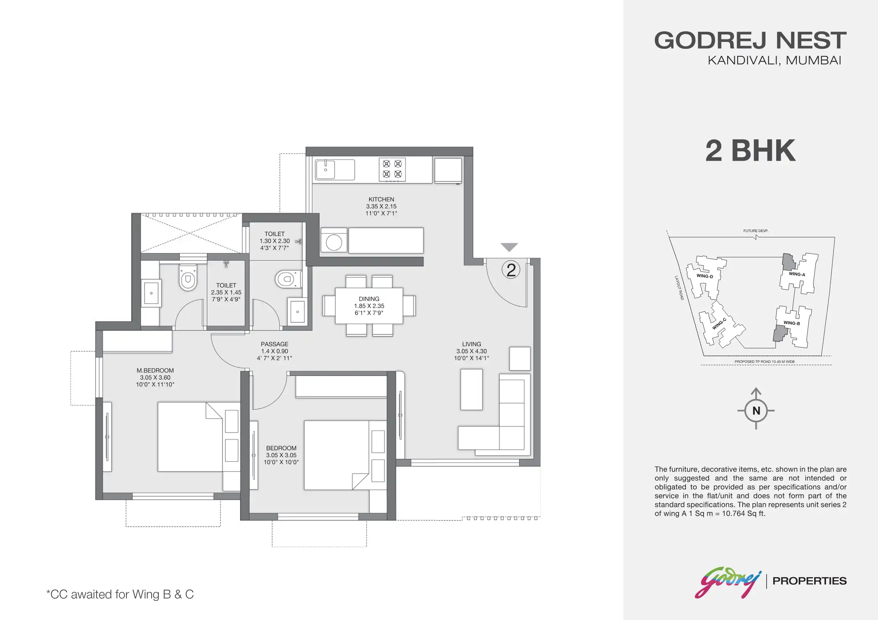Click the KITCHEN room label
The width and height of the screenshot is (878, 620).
click(381, 199)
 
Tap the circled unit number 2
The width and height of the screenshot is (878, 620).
click(511, 270)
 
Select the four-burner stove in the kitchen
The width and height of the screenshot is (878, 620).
click(392, 169)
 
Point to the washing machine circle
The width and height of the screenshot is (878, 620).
click(334, 242)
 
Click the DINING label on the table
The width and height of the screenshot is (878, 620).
click(369, 299)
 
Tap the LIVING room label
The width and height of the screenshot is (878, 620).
click(471, 344)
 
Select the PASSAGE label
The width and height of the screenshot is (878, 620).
click(275, 344)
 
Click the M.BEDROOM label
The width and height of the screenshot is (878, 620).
click(155, 371)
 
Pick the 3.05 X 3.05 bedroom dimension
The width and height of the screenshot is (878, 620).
click(281, 455)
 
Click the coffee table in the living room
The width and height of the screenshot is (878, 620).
click(471, 389)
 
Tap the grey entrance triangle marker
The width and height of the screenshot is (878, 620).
click(509, 247)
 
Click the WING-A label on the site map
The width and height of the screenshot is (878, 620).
click(797, 274)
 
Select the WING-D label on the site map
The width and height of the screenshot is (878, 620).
click(704, 276)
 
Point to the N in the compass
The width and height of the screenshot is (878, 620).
click(756, 411)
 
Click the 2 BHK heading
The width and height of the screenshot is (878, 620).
click(750, 151)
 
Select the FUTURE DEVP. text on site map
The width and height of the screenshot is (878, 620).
click(756, 231)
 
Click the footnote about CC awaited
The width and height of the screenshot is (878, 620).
click(120, 595)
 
